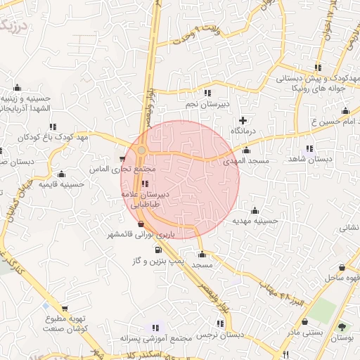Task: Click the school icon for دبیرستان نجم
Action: coord(207,93)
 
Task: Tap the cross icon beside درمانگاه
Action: coord(243,121)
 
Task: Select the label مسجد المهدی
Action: coord(246,161)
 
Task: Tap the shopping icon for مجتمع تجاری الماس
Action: coord(123,159)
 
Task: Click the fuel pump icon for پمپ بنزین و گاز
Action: coord(157,250)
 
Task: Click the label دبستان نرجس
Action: coord(221,336)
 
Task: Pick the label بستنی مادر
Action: coord(306,330)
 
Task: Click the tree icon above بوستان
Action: coord(342,327)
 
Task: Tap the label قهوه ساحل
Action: coord(342,279)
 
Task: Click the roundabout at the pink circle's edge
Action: coord(142,150)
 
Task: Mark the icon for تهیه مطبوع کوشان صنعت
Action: coord(64,309)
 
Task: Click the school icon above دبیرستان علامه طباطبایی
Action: coord(145,184)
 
